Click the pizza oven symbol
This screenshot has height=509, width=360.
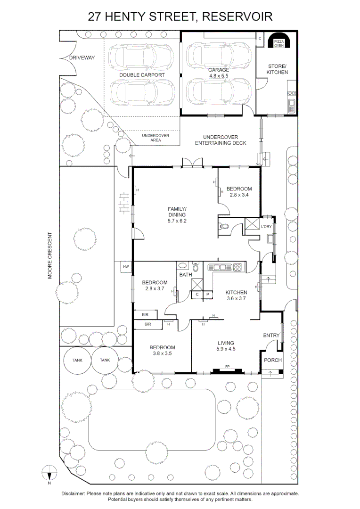[x=278, y=41]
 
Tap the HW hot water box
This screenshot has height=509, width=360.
[x=126, y=267]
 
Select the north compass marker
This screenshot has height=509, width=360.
[x=49, y=474]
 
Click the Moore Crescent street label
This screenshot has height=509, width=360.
[x=49, y=255]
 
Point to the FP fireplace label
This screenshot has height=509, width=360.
[x=228, y=367]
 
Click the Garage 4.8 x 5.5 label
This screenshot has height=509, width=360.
[x=219, y=73]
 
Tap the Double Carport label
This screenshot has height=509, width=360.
[x=142, y=75]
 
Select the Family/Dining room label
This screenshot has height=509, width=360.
[x=177, y=215]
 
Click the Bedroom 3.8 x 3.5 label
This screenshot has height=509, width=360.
[x=162, y=350]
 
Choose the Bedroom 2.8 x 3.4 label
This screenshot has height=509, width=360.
[x=239, y=192]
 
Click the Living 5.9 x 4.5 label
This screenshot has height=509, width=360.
[x=226, y=346]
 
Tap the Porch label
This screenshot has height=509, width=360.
[x=273, y=360]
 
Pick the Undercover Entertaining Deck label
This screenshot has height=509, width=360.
[x=221, y=140]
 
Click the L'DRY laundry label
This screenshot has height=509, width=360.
[x=266, y=226]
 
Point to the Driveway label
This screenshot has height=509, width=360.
[x=82, y=58]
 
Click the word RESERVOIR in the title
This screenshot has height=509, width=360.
[x=237, y=16]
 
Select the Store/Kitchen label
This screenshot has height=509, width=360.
[x=277, y=69]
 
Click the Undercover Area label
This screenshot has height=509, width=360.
[x=155, y=138]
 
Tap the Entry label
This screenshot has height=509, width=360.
[x=271, y=336]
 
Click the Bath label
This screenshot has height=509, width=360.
[x=186, y=275]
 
